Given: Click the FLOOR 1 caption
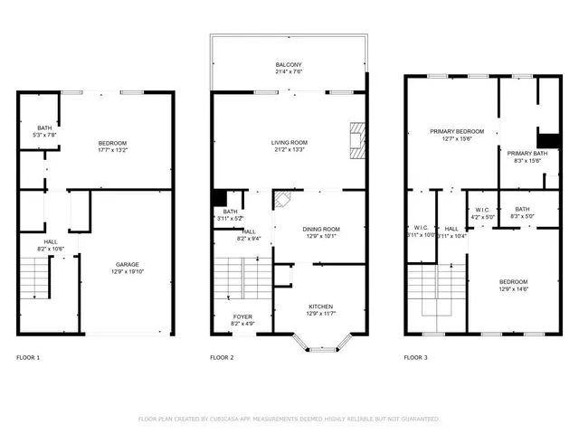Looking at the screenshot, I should pyautogui.click(x=28, y=358).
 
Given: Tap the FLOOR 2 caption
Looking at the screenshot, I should pyautogui.click(x=222, y=358).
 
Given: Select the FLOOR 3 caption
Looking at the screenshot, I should pyautogui.click(x=416, y=358).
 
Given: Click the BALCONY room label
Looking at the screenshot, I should pyautogui.click(x=289, y=65).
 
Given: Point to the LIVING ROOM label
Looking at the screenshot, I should pyautogui.click(x=289, y=142).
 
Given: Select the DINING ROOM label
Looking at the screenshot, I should pyautogui.click(x=319, y=229).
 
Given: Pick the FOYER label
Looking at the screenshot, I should pyautogui.click(x=242, y=316).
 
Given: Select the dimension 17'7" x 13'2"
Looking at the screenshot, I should pyautogui.click(x=112, y=151).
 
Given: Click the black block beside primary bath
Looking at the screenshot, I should pyautogui.click(x=548, y=140).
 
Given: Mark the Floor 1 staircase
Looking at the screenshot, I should pyautogui.click(x=35, y=277).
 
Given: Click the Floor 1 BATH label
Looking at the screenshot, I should pyautogui.click(x=44, y=128).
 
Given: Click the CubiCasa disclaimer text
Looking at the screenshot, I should pyautogui.click(x=289, y=420).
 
